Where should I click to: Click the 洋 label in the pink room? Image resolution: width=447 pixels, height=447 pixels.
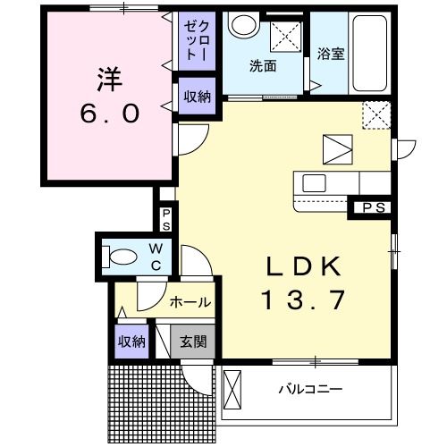[x=110, y=80]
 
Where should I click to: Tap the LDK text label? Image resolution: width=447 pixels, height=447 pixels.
[x=304, y=266]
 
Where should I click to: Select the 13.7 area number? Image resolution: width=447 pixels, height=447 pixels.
[x=303, y=299]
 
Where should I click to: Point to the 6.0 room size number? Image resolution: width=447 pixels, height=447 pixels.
[x=110, y=114]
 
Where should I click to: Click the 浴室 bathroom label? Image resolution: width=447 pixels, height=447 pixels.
[x=331, y=54]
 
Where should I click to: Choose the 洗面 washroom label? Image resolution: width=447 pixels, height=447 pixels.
[x=263, y=66]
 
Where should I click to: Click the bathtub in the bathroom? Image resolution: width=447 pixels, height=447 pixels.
[x=369, y=54]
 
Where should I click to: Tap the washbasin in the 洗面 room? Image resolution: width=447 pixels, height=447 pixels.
[x=243, y=25]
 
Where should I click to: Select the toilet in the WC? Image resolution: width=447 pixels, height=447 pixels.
[x=120, y=257]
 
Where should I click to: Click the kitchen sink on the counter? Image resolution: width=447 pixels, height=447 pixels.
[x=314, y=183]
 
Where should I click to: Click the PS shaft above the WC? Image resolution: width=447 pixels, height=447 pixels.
[x=166, y=219]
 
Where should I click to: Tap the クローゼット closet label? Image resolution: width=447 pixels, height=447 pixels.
[x=197, y=40]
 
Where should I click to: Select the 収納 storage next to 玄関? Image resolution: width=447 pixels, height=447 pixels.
[x=131, y=342]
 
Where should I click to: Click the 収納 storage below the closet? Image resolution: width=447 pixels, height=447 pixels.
[x=197, y=97]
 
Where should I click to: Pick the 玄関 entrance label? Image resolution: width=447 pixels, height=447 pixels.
[x=193, y=342]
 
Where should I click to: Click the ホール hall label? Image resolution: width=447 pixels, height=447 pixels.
[x=190, y=302]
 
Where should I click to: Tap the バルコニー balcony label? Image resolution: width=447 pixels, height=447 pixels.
[x=310, y=389]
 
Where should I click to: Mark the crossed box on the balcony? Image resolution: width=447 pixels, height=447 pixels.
[x=232, y=390]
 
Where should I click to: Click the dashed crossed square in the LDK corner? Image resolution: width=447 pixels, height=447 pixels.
[x=376, y=115]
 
